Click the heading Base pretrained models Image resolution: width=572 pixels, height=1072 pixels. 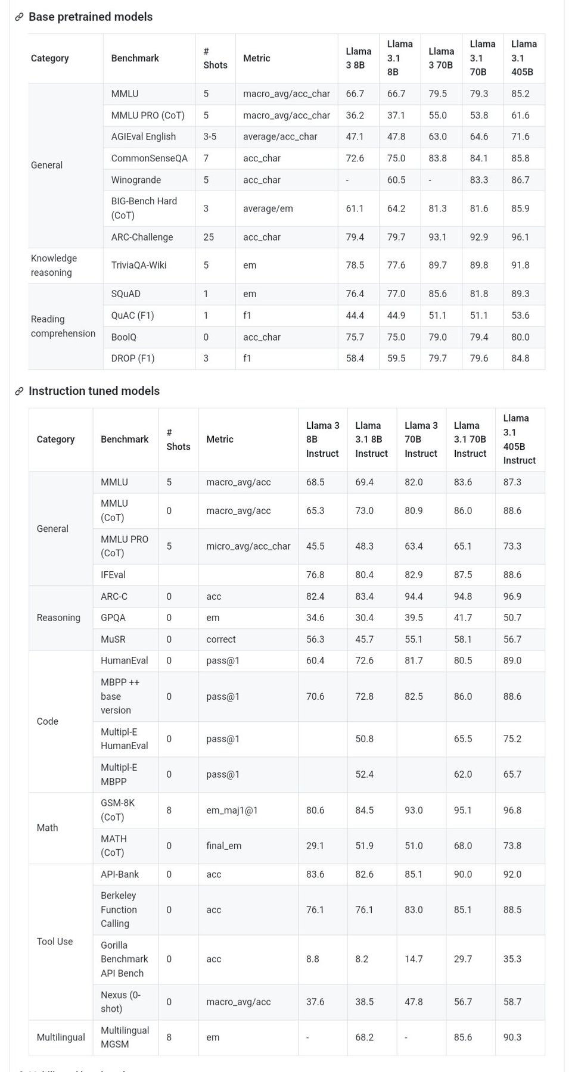tap(91, 17)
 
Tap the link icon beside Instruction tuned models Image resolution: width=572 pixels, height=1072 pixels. tap(19, 391)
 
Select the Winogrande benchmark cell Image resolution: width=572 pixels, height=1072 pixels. tap(136, 180)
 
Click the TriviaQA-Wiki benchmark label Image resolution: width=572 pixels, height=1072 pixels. tap(139, 265)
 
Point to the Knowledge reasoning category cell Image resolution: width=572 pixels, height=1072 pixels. tap(54, 265)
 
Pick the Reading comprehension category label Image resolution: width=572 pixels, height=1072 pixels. tap(63, 326)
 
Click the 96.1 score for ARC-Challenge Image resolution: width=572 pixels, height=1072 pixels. tap(520, 237)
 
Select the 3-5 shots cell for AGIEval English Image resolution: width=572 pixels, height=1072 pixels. tap(210, 136)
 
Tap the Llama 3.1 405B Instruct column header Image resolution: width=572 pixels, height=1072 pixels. tap(519, 440)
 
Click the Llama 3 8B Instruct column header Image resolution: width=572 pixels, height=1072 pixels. tap(322, 440)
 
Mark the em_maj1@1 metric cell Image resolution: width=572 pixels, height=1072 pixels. tap(232, 810)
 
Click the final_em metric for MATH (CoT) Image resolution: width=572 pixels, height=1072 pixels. tap(224, 846)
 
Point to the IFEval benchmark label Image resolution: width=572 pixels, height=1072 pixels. tap(113, 575)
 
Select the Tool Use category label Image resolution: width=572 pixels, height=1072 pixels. tap(55, 942)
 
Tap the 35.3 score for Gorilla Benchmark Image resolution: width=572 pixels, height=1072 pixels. tap(512, 959)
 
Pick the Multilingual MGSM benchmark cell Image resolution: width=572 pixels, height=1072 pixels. tap(125, 1037)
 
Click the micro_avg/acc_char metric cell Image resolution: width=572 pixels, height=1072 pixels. tap(248, 546)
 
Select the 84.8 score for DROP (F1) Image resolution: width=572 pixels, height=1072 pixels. tap(520, 359)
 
